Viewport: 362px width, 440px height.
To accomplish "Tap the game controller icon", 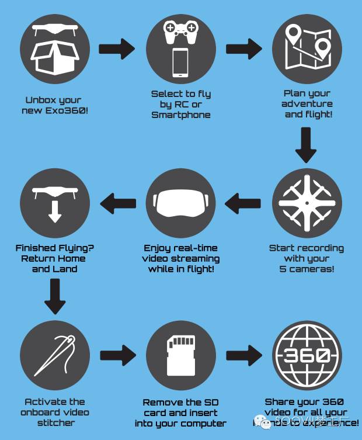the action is (181, 33).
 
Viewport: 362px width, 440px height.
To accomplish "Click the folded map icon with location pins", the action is (307, 47).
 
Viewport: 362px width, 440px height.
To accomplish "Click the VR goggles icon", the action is (181, 202).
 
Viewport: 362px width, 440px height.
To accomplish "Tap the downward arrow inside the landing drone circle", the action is (55, 212).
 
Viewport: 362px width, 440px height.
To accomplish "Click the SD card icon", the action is (181, 354).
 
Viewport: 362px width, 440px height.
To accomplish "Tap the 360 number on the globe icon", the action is (307, 355).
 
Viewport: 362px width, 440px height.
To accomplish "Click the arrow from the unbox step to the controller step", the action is (117, 49).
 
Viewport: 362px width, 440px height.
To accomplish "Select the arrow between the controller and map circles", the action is (243, 49).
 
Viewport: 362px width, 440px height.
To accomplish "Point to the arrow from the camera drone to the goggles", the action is (244, 203).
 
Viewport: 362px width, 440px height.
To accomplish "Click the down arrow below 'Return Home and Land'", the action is (55, 296).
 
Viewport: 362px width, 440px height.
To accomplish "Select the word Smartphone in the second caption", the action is (181, 115).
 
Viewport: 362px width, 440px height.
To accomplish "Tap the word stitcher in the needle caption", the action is (55, 423).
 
